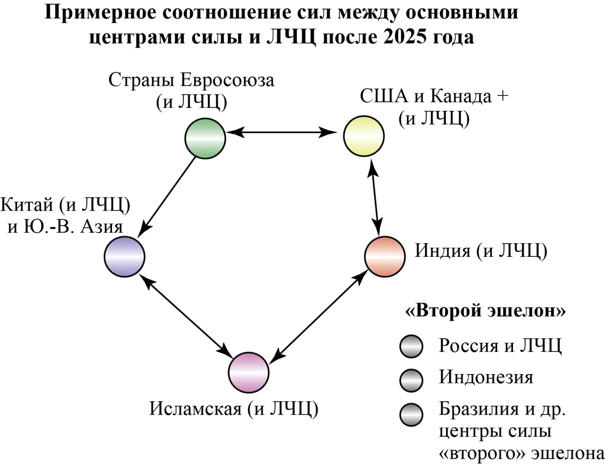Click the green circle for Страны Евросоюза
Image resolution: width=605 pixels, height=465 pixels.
click(205, 138)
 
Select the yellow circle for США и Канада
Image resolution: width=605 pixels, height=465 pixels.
click(364, 136)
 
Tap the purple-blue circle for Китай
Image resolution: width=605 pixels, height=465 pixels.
click(124, 256)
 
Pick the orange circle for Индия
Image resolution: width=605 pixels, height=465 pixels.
click(384, 256)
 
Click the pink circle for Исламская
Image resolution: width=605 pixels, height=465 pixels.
click(248, 373)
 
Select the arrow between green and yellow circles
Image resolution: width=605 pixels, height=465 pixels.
click(281, 133)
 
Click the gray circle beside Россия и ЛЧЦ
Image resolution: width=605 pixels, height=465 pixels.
click(411, 346)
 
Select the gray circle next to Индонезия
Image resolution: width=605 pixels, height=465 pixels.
click(411, 380)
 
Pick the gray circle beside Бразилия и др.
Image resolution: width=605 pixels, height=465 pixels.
click(411, 415)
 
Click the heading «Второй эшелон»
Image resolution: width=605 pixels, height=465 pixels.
click(485, 310)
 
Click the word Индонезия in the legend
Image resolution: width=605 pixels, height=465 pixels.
click(486, 377)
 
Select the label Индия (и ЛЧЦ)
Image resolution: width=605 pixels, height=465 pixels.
click(481, 251)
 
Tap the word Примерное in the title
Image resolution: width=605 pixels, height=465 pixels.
click(101, 12)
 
